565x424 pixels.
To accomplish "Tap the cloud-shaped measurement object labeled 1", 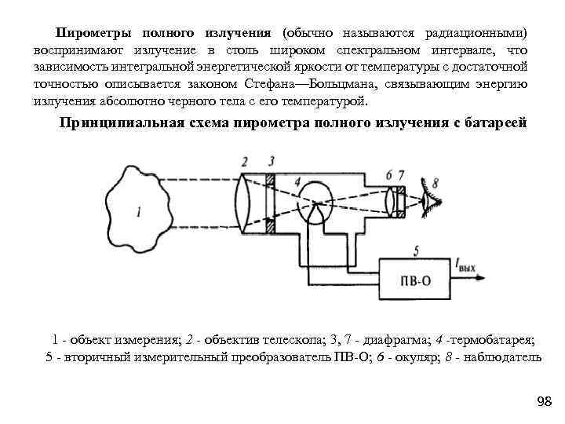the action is click(145, 208).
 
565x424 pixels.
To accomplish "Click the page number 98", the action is click(544, 402).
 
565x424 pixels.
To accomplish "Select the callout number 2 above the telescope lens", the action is click(245, 162).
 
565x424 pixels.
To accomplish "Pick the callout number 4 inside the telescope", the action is click(297, 182).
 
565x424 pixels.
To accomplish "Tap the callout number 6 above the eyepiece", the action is click(390, 174).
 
